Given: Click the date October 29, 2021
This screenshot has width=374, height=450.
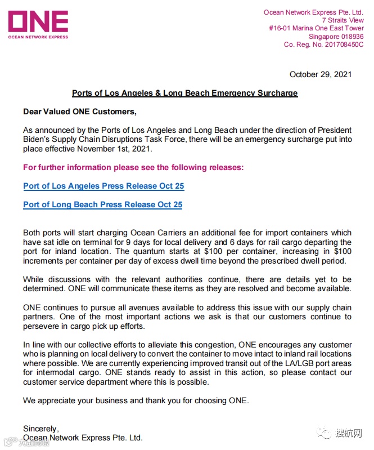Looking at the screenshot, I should (320, 74).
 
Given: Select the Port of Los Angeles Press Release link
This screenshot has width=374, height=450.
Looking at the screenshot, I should (103, 186).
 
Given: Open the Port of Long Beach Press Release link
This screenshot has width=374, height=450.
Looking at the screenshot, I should (102, 204).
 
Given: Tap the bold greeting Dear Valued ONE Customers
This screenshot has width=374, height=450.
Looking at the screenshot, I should (79, 112).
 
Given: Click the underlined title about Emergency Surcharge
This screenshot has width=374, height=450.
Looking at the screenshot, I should (184, 93).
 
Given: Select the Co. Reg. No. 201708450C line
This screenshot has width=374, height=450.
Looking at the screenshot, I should (323, 44).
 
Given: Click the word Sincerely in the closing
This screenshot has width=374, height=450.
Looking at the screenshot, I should (40, 429).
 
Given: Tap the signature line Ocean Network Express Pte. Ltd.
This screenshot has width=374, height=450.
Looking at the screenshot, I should (83, 438).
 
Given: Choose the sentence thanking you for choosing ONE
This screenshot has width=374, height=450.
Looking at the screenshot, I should (136, 400).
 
